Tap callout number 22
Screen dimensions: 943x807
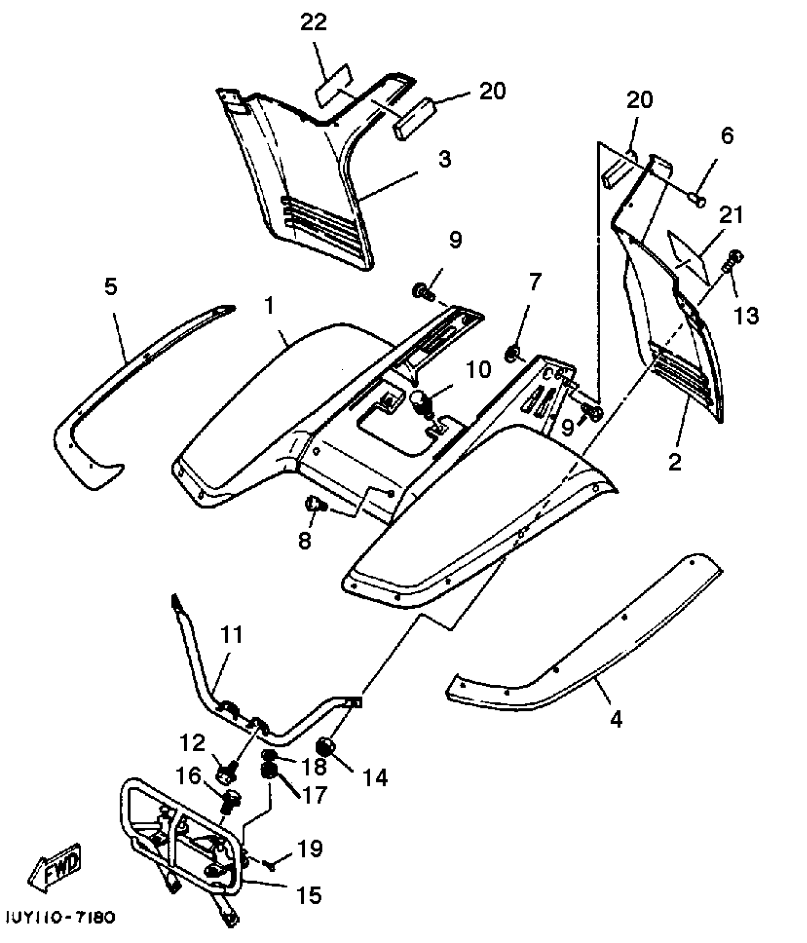coord(313,22)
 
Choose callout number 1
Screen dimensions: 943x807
coord(270,306)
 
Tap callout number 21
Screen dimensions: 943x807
coord(731,215)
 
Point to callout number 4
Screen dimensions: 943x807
coord(616,720)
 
